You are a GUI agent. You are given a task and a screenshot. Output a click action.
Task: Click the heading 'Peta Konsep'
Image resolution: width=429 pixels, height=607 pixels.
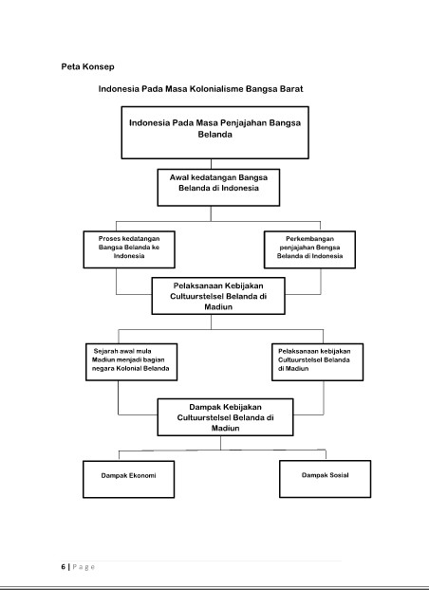[x=87, y=66]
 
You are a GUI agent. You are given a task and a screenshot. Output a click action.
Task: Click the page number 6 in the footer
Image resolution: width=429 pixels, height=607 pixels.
[x=64, y=567]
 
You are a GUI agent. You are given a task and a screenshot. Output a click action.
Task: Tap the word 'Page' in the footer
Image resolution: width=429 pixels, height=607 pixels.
[x=84, y=567]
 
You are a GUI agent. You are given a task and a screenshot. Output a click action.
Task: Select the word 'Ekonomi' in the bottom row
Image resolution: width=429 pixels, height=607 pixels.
[x=142, y=475]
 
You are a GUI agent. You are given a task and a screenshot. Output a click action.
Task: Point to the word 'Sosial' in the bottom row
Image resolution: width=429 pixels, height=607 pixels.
[x=338, y=475]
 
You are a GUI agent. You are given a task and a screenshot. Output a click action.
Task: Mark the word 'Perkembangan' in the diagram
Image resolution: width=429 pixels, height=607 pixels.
[x=309, y=239]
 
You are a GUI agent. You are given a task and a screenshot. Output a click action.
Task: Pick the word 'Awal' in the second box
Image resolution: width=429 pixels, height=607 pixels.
[x=179, y=177]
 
